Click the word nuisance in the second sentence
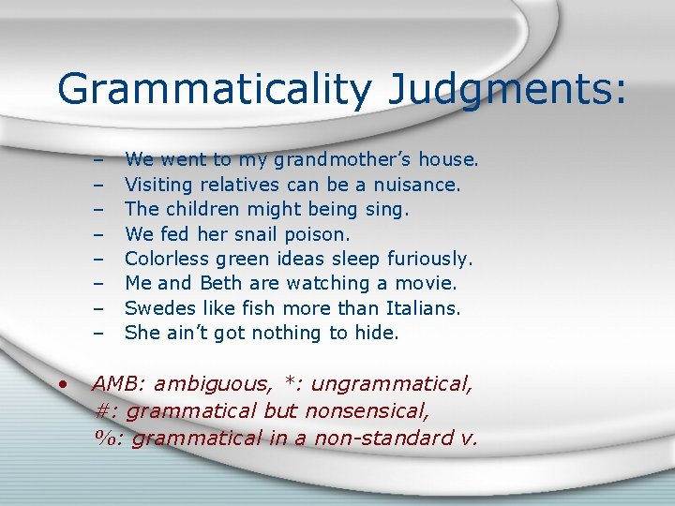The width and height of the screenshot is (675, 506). click(415, 185)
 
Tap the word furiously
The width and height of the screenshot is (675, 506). click(425, 258)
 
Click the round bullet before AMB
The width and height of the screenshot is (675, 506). click(62, 384)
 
